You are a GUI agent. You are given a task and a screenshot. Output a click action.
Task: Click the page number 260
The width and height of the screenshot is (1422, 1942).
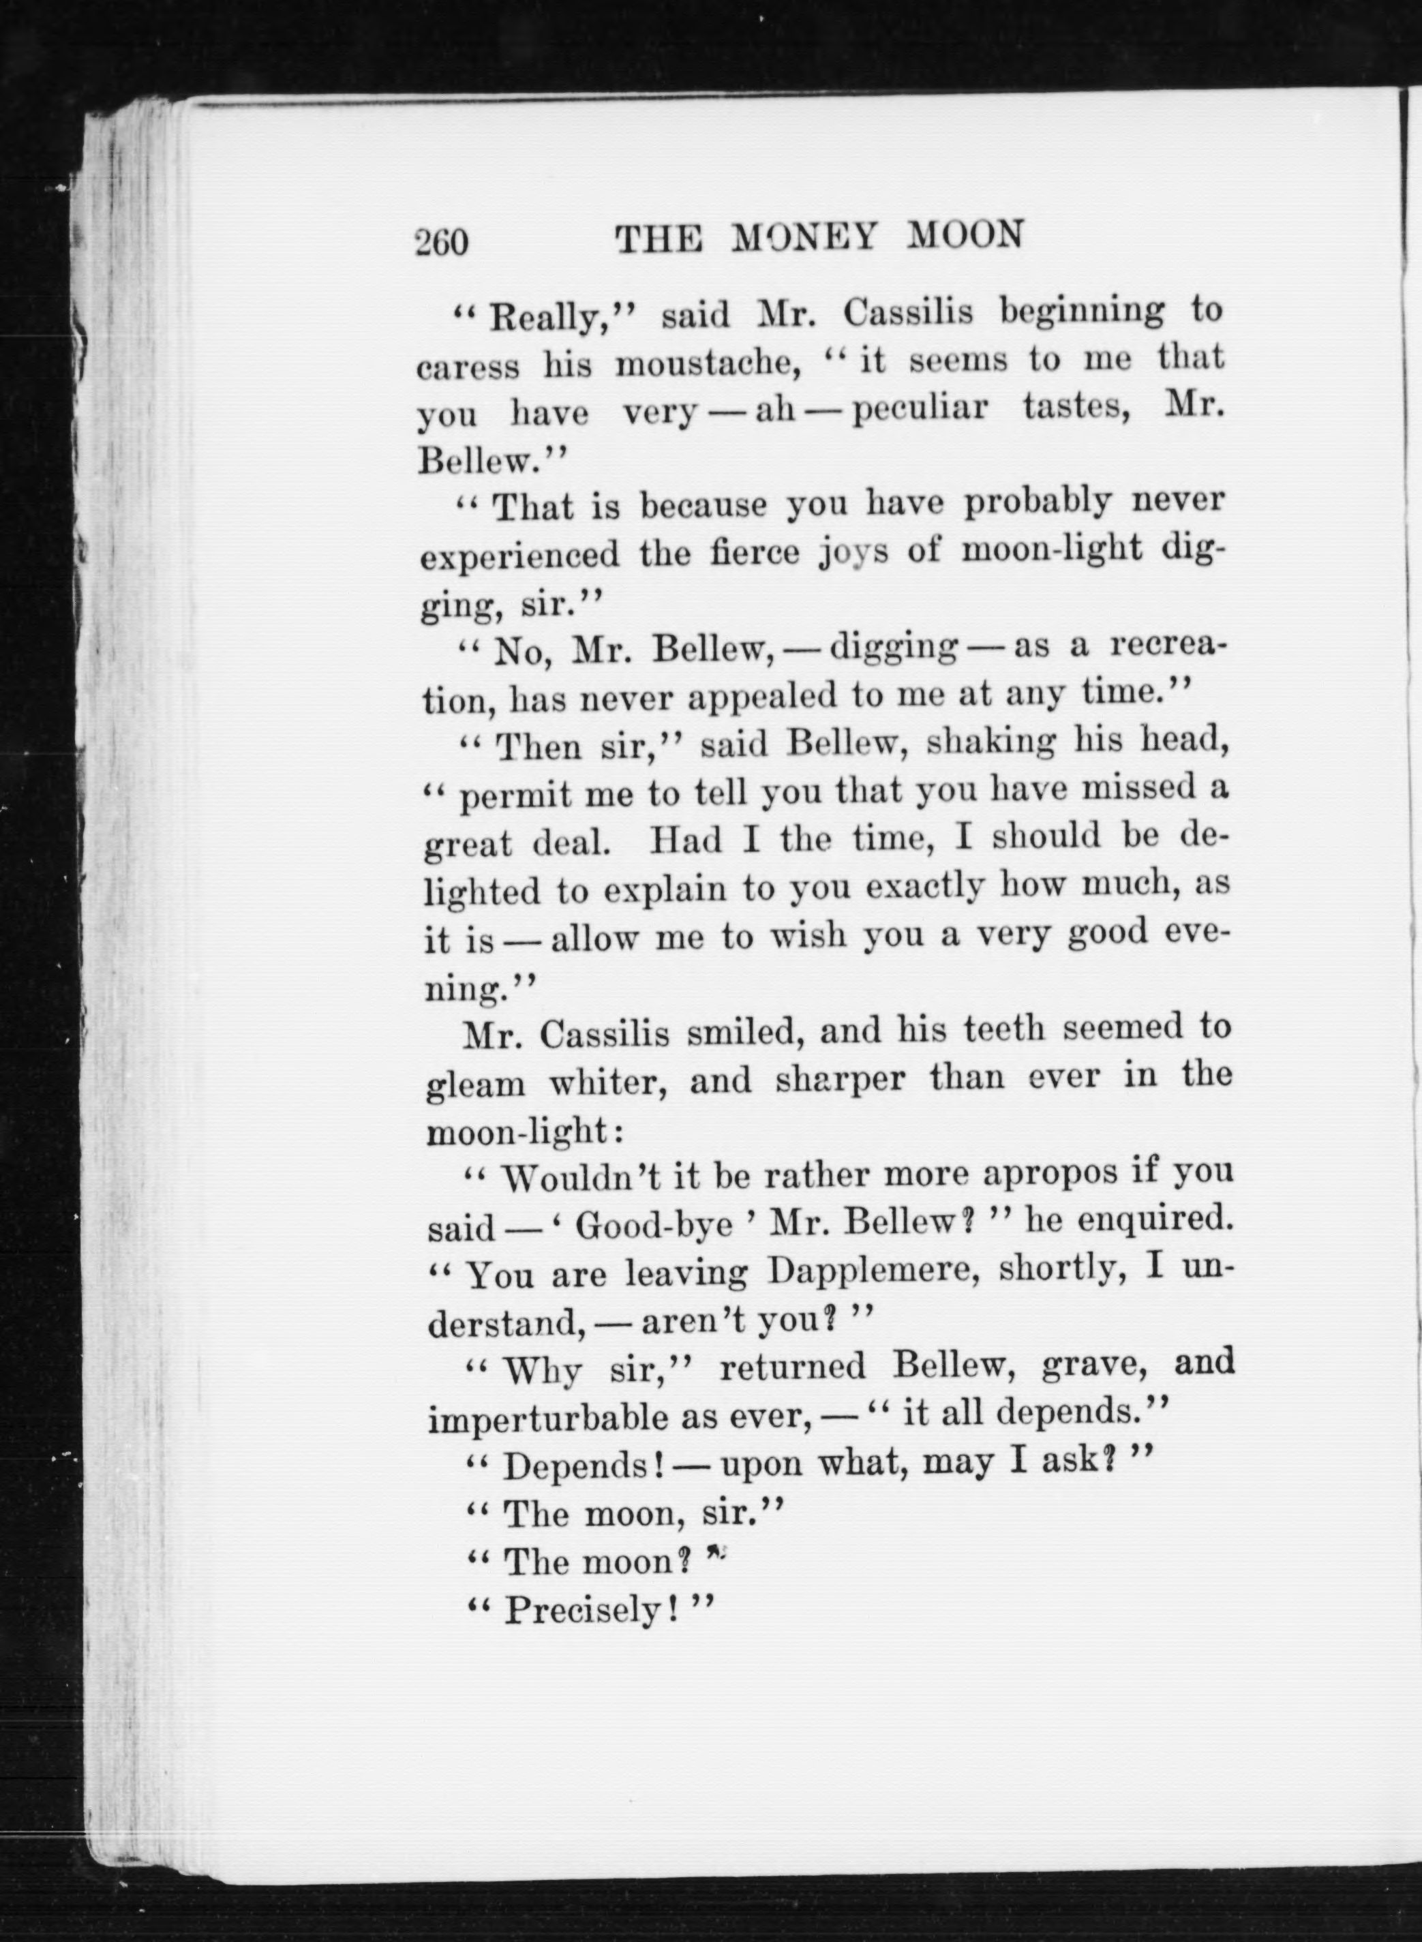coord(442,242)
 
